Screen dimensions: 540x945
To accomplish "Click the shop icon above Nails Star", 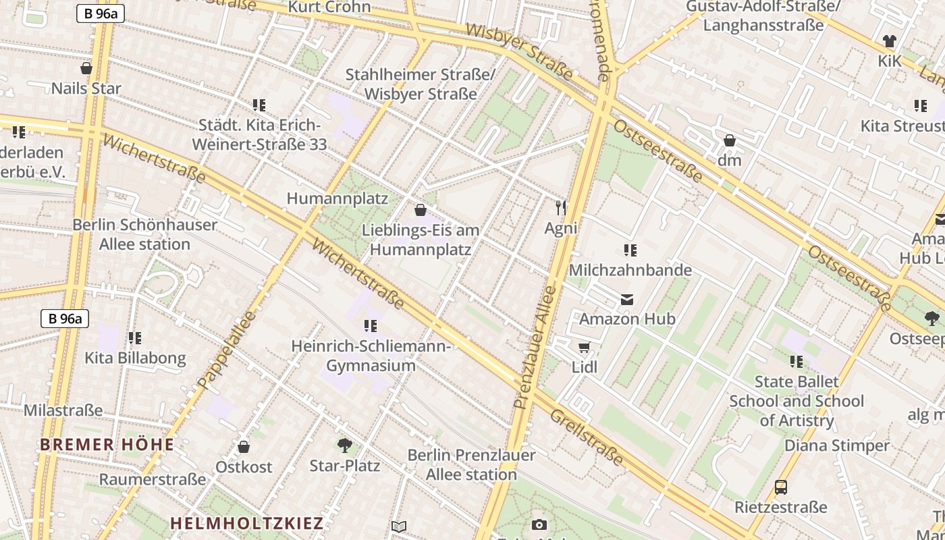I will [86, 68].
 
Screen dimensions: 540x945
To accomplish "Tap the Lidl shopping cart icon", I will [584, 348].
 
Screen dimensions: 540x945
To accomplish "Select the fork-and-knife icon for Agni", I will [560, 207].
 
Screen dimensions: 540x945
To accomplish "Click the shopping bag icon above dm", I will [729, 140].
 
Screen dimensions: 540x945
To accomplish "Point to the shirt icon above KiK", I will [889, 41].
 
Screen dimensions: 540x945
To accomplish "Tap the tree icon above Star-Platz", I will [344, 446].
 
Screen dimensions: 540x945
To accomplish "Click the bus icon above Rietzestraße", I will [780, 487].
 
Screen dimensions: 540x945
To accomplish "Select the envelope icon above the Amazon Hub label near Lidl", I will [627, 299].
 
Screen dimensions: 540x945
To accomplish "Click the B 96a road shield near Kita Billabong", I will [65, 319].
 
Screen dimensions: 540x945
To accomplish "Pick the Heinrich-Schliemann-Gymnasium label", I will [371, 356].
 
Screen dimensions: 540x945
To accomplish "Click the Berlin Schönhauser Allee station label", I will [144, 234].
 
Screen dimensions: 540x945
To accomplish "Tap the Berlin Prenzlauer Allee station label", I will [471, 464].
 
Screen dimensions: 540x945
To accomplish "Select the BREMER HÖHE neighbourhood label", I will [107, 445].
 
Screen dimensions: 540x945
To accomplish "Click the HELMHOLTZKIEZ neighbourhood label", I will [246, 523].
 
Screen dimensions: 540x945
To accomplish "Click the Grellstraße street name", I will [586, 437].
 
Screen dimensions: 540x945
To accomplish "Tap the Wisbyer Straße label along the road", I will [519, 51].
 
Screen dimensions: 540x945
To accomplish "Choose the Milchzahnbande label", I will [630, 270].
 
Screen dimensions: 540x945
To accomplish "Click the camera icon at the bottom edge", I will [539, 524].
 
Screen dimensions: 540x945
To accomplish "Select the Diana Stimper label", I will [836, 446].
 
